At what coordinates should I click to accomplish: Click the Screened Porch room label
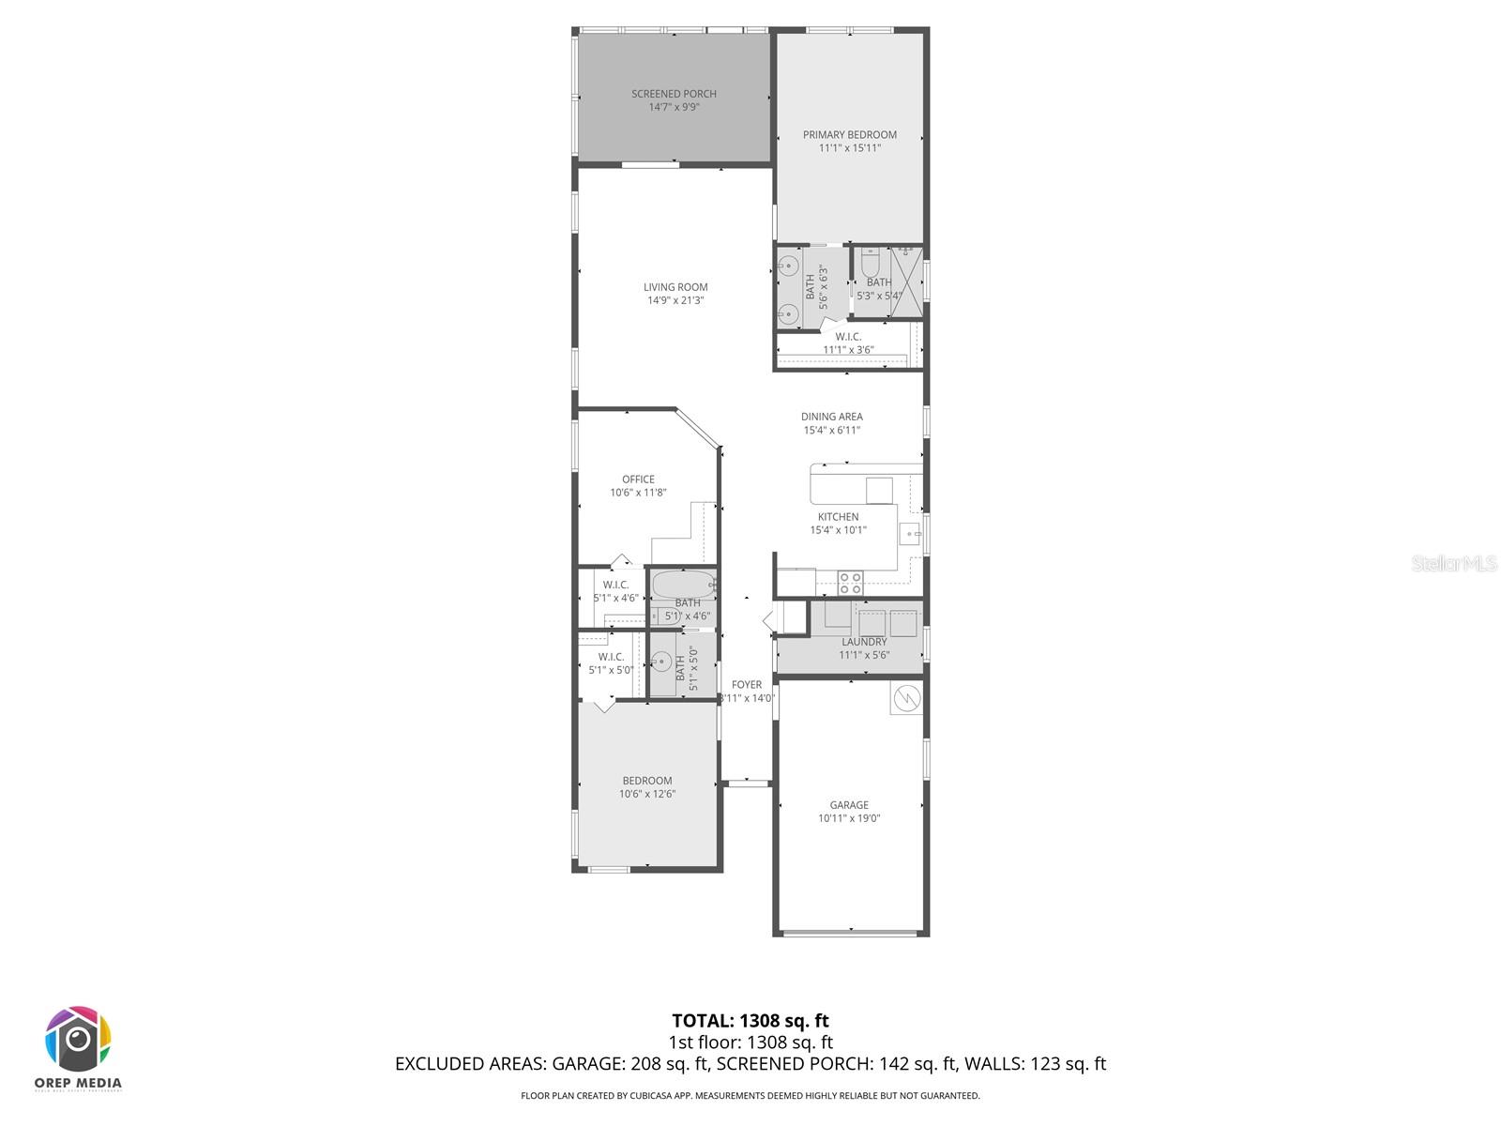[x=674, y=94]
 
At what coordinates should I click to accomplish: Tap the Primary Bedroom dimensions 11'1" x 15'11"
[x=849, y=148]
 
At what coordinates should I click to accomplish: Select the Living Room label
[x=675, y=287]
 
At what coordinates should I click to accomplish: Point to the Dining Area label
[x=831, y=417]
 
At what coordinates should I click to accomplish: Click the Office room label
[x=638, y=479]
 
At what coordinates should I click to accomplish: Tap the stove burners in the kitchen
[x=850, y=583]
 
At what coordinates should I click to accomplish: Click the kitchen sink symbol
[x=909, y=535]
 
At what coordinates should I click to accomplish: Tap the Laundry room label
[x=864, y=642]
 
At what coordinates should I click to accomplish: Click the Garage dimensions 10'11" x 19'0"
[x=849, y=818]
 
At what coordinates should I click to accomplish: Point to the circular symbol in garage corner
[x=906, y=698]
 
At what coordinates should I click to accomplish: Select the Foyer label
[x=747, y=685]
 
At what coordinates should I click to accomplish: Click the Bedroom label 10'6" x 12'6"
[x=647, y=781]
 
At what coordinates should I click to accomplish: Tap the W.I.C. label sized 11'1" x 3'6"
[x=848, y=337]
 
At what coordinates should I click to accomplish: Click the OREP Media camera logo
[x=79, y=1040]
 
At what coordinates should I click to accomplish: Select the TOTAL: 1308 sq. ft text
[x=750, y=1021]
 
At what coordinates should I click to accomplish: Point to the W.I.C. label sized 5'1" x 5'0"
[x=611, y=657]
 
